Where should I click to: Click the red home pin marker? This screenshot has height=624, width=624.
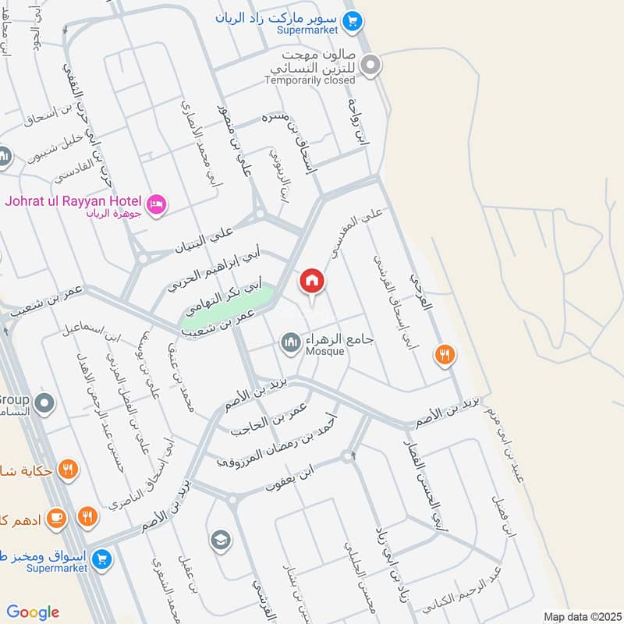pyautogui.click(x=311, y=282)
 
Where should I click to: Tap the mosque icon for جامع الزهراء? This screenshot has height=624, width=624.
pyautogui.click(x=291, y=342)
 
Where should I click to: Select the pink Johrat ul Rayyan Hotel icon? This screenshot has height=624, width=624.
pyautogui.click(x=156, y=204)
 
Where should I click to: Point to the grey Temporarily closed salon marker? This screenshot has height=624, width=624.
pyautogui.click(x=371, y=66)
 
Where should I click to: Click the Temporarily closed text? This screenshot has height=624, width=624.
pyautogui.click(x=310, y=80)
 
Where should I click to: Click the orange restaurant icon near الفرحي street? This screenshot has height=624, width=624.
pyautogui.click(x=445, y=354)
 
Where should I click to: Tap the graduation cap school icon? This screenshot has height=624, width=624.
pyautogui.click(x=221, y=539)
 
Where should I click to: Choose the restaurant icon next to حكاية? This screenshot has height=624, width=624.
pyautogui.click(x=68, y=470)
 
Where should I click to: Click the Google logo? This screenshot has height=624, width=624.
pyautogui.click(x=33, y=612)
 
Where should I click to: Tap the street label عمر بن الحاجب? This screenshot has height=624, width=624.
pyautogui.click(x=270, y=422)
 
